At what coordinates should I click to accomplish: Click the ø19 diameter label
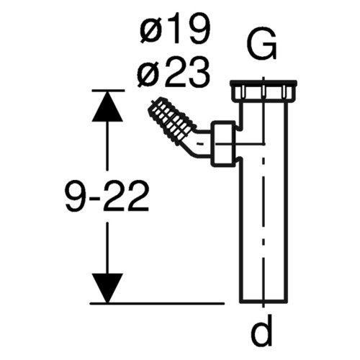pyautogui.click(x=174, y=28)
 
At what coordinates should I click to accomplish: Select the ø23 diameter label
pyautogui.click(x=174, y=71)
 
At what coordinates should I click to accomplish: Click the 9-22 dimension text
pyautogui.click(x=107, y=197)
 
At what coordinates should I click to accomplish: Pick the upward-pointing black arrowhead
pyautogui.click(x=107, y=106)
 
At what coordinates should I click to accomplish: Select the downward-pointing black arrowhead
pyautogui.click(x=107, y=288)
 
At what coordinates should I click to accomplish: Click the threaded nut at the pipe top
pyautogui.click(x=264, y=92)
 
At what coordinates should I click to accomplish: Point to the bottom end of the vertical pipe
pyautogui.click(x=264, y=300)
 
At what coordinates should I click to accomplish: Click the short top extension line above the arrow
pyautogui.click(x=108, y=91)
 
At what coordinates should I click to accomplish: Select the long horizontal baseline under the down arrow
pyautogui.click(x=157, y=303)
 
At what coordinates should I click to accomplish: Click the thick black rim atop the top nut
pyautogui.click(x=264, y=83)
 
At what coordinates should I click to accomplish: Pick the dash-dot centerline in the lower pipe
pyautogui.click(x=264, y=228)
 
